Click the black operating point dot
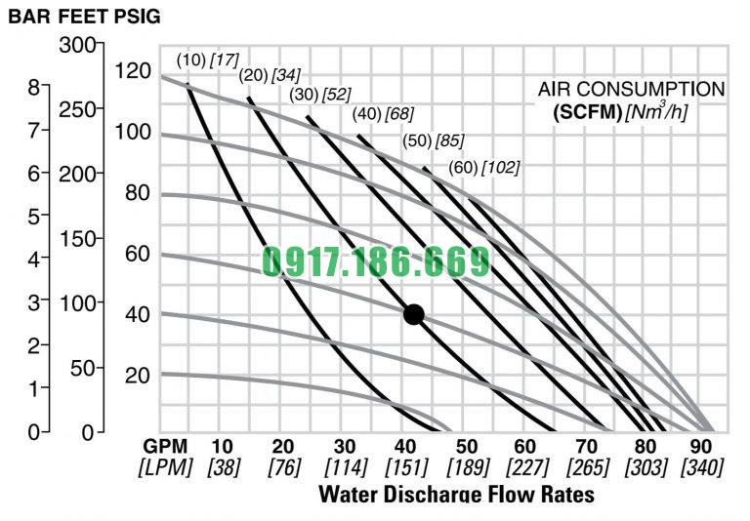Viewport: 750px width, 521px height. click(x=413, y=314)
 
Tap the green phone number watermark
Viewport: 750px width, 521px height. click(x=376, y=262)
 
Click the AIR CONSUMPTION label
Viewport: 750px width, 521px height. click(x=631, y=90)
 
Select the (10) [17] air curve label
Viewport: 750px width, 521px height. click(x=207, y=60)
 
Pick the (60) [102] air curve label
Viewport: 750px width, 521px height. click(x=483, y=168)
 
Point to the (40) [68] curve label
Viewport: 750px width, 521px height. click(x=383, y=114)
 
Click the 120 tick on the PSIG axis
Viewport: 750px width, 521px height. click(x=132, y=70)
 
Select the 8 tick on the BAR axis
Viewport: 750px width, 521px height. click(x=32, y=86)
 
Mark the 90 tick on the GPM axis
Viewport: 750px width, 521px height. click(x=701, y=445)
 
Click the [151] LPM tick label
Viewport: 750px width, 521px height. click(x=403, y=466)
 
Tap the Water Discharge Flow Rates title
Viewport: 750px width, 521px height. click(x=455, y=494)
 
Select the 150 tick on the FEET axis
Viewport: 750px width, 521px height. click(x=81, y=238)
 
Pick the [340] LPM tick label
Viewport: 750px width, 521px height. click(x=701, y=466)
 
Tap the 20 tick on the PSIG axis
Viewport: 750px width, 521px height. click(x=137, y=376)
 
